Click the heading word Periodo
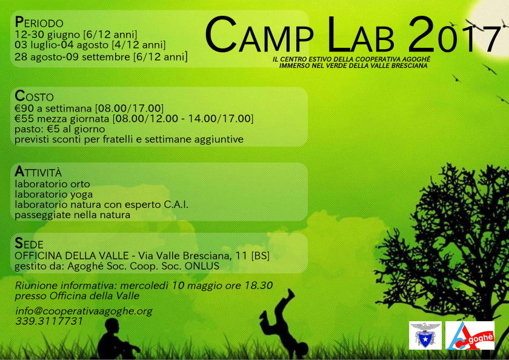pyautogui.click(x=39, y=22)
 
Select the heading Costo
pyautogui.click(x=34, y=96)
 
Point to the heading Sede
pyautogui.click(x=28, y=243)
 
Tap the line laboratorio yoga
pyautogui.click(x=54, y=195)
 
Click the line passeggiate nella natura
pyautogui.click(x=72, y=215)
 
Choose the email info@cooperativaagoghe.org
pyautogui.click(x=84, y=311)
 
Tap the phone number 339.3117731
pyautogui.click(x=49, y=321)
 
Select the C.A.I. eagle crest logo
pyautogui.click(x=425, y=335)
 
